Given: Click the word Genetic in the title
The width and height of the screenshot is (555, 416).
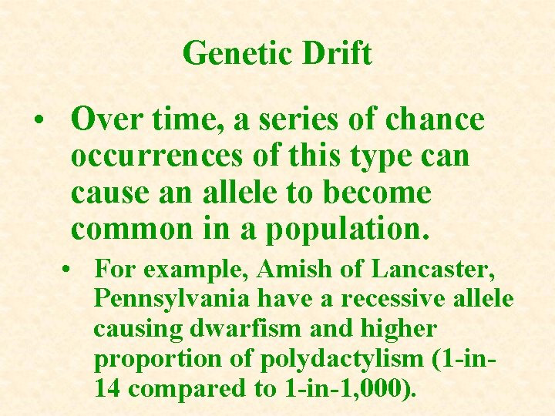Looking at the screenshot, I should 227,53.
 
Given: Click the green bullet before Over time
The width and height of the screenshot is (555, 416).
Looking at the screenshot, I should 38,122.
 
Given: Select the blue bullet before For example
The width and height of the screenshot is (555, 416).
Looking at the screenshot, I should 69,271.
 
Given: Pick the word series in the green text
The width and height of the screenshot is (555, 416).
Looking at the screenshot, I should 298,120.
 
